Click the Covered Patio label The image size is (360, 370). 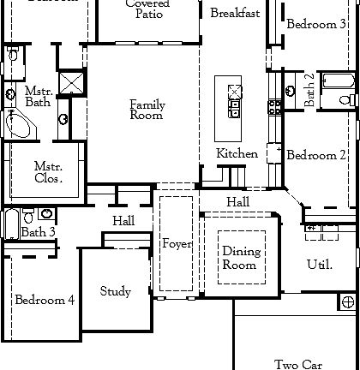147,9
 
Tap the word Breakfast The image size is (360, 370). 235,13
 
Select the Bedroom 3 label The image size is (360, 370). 311,24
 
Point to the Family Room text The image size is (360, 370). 147,110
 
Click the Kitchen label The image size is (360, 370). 237,153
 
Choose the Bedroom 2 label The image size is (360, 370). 316,155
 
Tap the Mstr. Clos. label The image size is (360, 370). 47,173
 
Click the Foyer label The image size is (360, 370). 177,244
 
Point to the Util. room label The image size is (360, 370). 319,265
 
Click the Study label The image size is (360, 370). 115,292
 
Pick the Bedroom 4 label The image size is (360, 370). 44,300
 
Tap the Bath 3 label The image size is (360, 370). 39,231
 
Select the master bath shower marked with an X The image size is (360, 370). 73,84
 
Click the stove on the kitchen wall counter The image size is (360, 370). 275,107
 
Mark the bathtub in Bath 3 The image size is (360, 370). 9,224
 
